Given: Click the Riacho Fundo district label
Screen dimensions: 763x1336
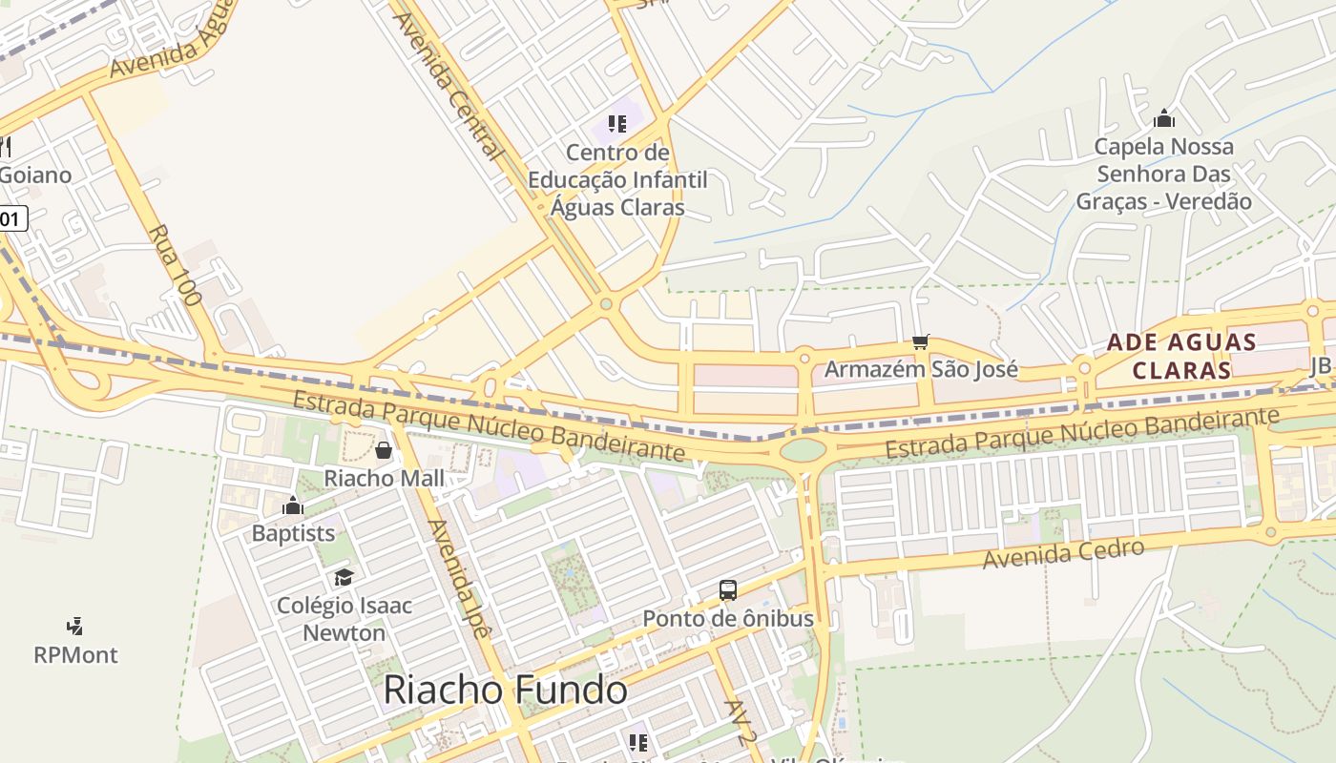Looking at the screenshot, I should click(505, 691).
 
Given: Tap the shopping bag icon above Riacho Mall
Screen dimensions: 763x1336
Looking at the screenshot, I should click(384, 450).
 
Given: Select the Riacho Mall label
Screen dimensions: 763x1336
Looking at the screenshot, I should click(385, 478).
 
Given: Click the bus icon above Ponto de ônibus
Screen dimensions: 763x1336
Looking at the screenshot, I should click(728, 590).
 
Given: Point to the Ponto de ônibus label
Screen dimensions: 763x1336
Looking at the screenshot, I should click(728, 618).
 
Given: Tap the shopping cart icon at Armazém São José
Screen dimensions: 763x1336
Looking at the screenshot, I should click(921, 341).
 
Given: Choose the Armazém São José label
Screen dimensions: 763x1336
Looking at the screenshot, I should click(921, 369).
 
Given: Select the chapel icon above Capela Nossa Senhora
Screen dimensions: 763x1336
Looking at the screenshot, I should click(1164, 119).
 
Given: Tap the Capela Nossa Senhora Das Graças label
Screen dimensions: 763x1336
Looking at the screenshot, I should click(1164, 174).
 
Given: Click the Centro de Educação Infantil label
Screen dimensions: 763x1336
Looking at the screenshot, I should click(617, 179).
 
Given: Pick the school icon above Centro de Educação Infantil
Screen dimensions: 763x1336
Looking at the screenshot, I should click(617, 124).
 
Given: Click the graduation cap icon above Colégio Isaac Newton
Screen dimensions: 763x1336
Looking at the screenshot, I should click(344, 577).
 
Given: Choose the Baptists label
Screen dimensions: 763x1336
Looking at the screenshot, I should click(293, 533).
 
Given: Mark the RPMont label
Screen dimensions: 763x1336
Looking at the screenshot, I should click(75, 655).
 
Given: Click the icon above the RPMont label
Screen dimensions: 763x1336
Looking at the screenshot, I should click(75, 627).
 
